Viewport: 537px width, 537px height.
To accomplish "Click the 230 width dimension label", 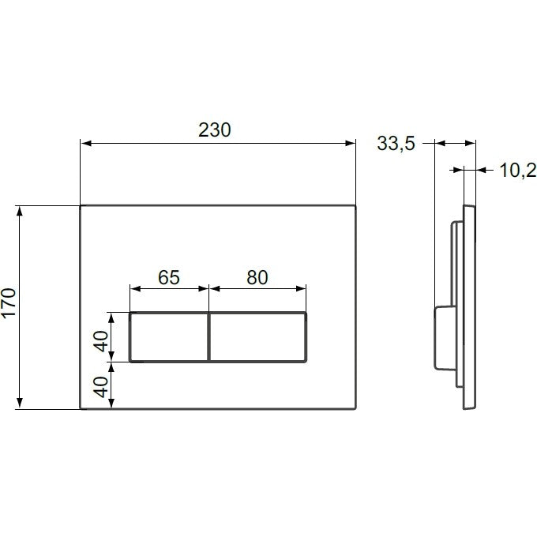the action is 215,130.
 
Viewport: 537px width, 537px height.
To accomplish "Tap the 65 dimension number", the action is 169,277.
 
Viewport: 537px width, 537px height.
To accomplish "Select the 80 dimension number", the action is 257,277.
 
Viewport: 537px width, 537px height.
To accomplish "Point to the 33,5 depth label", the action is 396,143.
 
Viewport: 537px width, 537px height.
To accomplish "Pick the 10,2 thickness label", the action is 518,171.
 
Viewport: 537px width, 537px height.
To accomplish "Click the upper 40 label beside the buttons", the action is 101,341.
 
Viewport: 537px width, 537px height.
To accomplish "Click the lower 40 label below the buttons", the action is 101,387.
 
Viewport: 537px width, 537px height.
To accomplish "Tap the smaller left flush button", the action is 169,337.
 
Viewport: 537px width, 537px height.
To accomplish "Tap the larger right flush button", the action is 258,337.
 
